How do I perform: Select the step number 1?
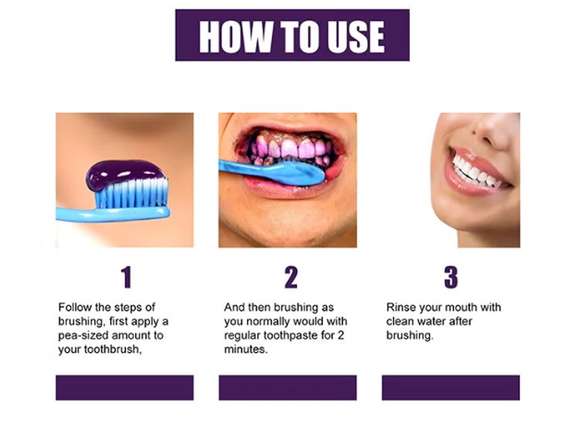tap(126, 277)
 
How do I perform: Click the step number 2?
tap(291, 277)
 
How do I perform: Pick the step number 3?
tap(451, 277)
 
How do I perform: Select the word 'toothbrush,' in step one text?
tap(113, 349)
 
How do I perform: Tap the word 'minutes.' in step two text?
tap(246, 349)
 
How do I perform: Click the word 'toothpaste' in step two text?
tap(291, 336)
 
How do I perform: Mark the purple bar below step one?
tap(125, 387)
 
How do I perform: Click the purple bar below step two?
tap(288, 387)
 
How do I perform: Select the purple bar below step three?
tap(451, 387)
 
